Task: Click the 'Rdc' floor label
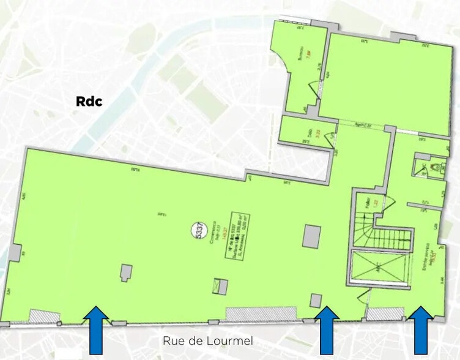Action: coord(89,101)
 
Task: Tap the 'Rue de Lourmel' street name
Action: coord(207,340)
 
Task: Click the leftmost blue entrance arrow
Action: coord(96,330)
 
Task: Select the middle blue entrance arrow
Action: coord(326,330)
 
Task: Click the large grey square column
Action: coord(311,236)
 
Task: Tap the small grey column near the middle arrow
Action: coord(316,300)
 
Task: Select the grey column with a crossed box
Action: coord(221,286)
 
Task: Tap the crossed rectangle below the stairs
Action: coord(379,267)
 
